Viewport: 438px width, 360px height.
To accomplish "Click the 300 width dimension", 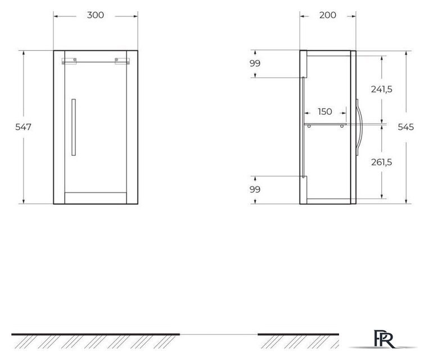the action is coord(96,15).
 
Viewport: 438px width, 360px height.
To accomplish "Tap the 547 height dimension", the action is coord(23,127).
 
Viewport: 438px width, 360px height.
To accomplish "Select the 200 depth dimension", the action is coord(328,15).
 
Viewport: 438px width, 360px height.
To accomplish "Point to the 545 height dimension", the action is coord(405,127).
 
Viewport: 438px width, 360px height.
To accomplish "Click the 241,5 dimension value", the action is coord(382,89).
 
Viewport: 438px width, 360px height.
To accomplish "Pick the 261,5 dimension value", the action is coord(382,162).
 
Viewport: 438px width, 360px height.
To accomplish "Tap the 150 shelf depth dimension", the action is coord(325,112).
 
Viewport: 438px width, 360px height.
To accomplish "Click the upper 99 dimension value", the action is coord(255,64).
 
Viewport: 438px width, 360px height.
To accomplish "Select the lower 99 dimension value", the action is coord(255,190).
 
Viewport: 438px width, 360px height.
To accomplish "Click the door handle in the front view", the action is coord(74,127).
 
